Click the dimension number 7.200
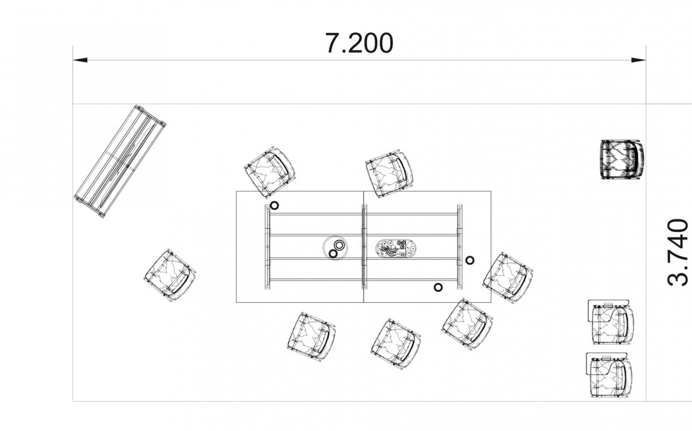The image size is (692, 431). click(x=358, y=43)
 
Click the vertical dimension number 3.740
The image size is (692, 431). click(x=678, y=252)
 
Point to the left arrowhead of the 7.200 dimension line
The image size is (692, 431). click(x=80, y=60)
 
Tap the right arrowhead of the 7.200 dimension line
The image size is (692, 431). click(x=638, y=60)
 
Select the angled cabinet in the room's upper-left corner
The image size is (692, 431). click(x=120, y=162)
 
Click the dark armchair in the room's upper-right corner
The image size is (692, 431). click(x=622, y=159)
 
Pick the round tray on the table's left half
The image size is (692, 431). click(x=336, y=248)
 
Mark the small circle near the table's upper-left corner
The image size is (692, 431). click(x=275, y=206)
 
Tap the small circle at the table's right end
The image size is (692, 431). click(x=470, y=260)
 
